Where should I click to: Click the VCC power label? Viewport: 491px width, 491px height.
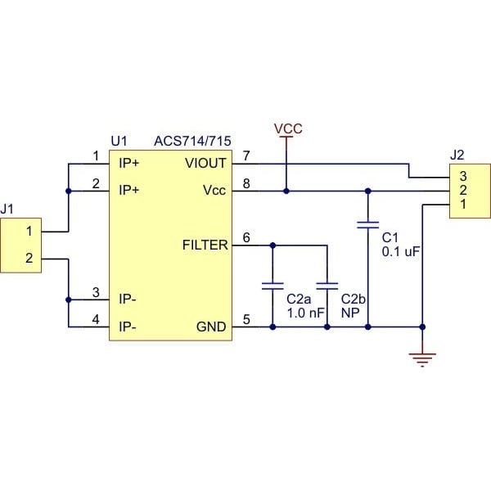287,128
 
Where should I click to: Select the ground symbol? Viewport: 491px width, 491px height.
422,357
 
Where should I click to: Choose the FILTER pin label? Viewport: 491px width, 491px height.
205,244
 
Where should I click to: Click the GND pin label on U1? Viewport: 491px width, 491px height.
212,327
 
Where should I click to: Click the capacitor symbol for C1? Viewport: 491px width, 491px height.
367,223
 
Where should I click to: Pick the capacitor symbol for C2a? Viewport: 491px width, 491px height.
272,286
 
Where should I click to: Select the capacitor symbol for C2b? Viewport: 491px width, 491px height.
327,286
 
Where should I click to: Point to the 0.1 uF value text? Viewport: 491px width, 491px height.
400,252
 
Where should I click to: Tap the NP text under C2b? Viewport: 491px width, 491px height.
349,313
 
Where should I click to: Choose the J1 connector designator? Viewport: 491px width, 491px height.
7,209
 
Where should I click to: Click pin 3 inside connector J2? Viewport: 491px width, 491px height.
462,176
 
